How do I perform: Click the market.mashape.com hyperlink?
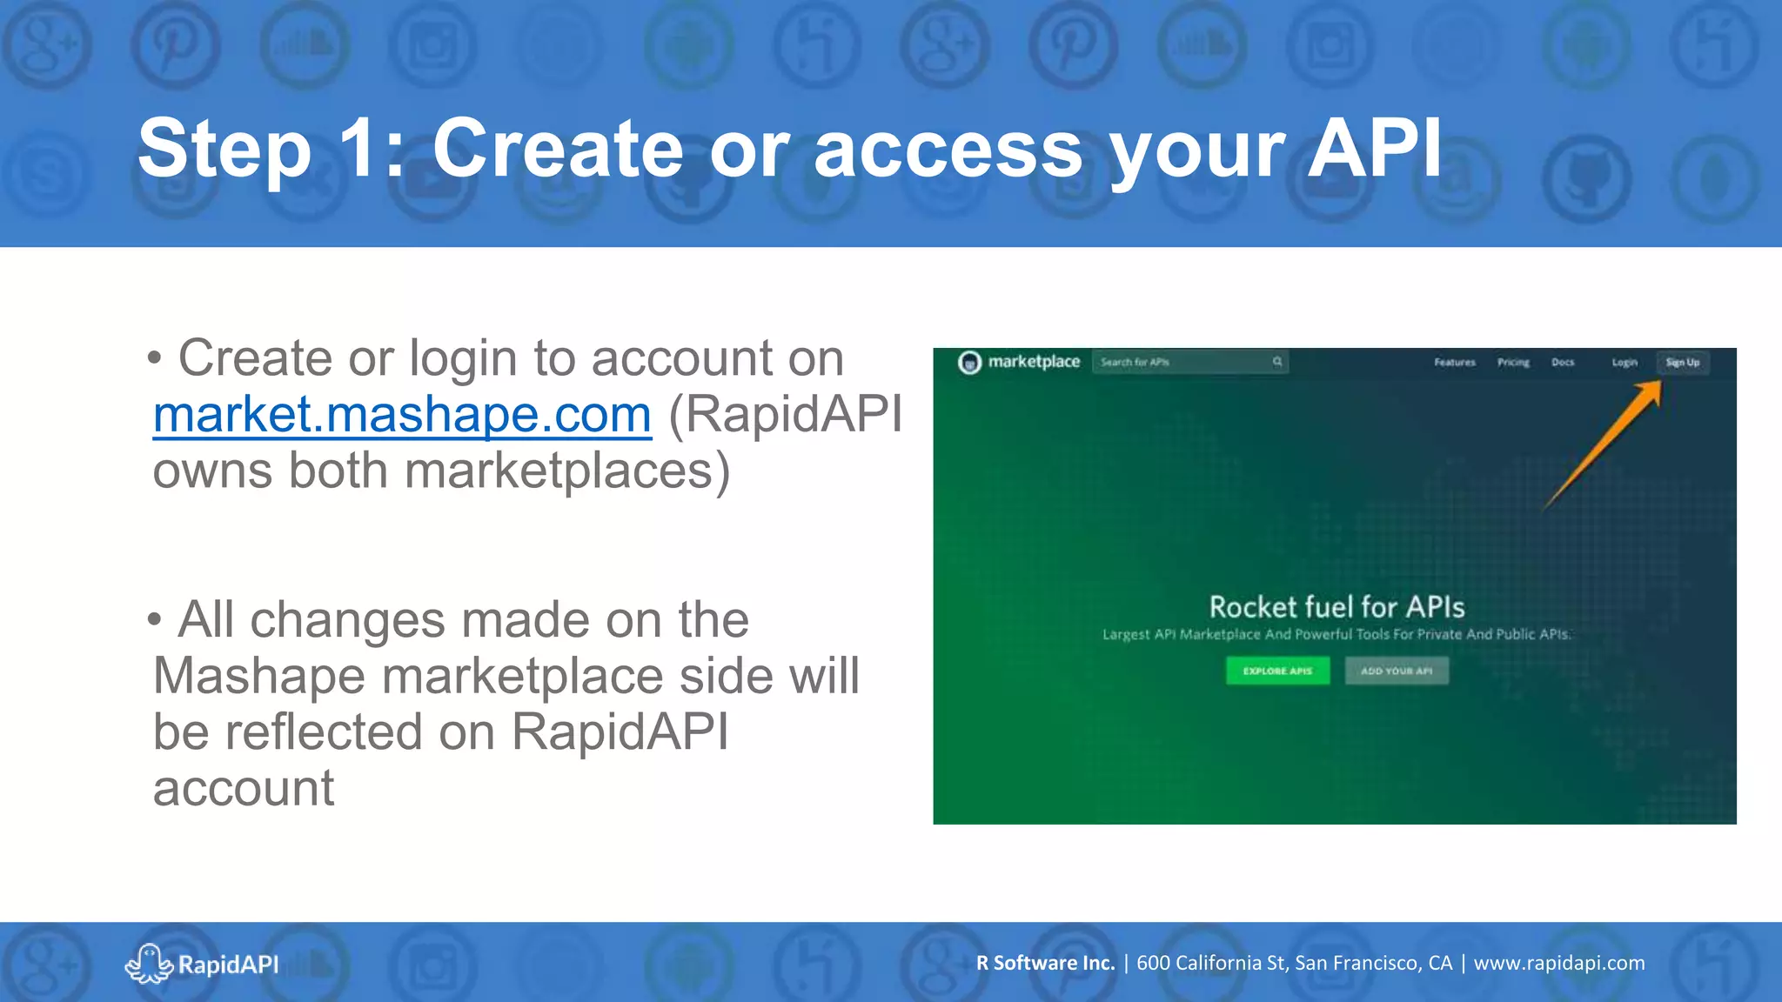click(x=402, y=415)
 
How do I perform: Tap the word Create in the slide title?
click(x=558, y=149)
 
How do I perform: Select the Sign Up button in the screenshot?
click(x=1682, y=363)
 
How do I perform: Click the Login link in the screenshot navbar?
click(x=1624, y=363)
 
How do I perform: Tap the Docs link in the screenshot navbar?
click(x=1563, y=363)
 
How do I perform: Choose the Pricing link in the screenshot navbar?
click(x=1513, y=363)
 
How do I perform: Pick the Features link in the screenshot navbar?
click(x=1455, y=363)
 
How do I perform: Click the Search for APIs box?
click(x=1183, y=362)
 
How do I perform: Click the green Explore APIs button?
click(x=1277, y=671)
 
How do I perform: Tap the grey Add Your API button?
click(x=1397, y=671)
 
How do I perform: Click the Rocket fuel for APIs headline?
click(x=1336, y=606)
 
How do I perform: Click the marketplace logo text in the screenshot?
click(x=1034, y=362)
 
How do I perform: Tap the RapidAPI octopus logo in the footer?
click(x=149, y=964)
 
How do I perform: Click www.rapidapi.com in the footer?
click(x=1559, y=963)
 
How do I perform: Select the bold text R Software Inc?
click(x=1045, y=963)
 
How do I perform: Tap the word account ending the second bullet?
click(x=244, y=789)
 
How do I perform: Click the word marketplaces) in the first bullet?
click(x=567, y=471)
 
